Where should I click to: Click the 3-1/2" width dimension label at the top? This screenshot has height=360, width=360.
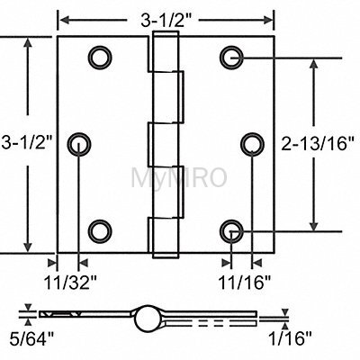point(166,21)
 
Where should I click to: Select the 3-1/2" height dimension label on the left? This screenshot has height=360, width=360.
point(27,142)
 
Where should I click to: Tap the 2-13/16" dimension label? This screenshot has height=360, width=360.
point(316,144)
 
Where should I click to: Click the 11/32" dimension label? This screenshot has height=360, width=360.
point(70,283)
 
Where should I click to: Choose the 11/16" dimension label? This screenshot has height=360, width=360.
point(244,283)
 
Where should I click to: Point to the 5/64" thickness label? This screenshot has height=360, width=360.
point(31,339)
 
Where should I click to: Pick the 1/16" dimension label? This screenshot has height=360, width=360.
point(290,338)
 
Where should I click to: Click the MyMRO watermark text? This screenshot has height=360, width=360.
point(179,177)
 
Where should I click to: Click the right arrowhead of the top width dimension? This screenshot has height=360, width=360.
point(268,21)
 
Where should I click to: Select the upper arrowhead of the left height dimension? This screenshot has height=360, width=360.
point(28,43)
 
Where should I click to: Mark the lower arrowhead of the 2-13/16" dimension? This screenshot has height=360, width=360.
point(314,226)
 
